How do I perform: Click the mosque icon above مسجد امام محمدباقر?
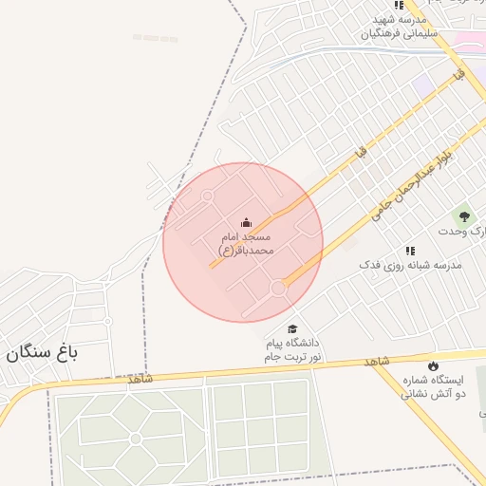(248, 222)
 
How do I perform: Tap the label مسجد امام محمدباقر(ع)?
(246, 243)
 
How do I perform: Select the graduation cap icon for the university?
(291, 328)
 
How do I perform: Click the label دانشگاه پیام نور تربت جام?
(292, 349)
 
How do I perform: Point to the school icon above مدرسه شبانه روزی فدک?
(410, 251)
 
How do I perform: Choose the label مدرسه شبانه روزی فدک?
(410, 265)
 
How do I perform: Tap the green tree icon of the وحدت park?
(465, 217)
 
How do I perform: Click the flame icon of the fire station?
(434, 365)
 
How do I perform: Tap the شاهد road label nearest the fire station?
(377, 362)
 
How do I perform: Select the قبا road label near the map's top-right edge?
(459, 73)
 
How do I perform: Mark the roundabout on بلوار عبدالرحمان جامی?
(279, 287)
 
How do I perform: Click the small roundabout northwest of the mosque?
(207, 196)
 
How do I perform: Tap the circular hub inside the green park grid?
(136, 439)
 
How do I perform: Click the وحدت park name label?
(461, 232)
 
